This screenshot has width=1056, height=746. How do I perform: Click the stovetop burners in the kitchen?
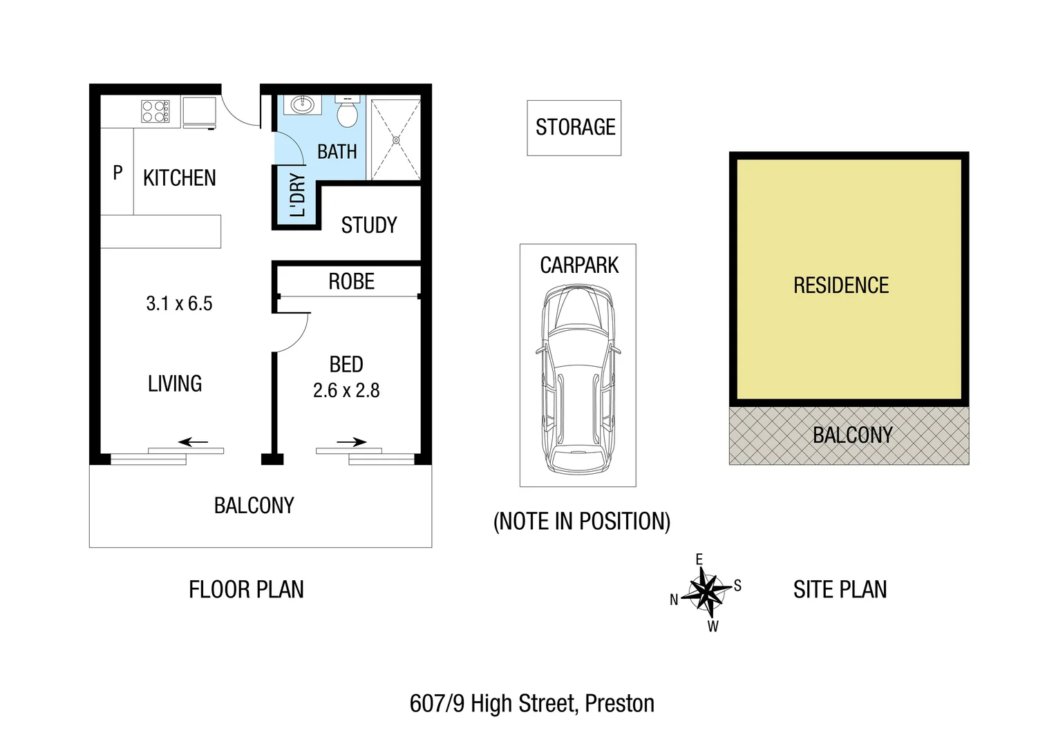[x=155, y=111]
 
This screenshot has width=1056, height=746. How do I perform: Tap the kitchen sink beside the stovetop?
[x=199, y=112]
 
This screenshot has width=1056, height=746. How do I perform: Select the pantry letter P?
[x=117, y=173]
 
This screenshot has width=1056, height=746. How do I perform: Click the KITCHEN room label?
[x=180, y=178]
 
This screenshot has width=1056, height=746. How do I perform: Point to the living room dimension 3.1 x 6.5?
[x=179, y=304]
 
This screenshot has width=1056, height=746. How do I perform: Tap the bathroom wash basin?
[x=302, y=105]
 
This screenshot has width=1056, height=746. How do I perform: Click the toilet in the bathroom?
[x=347, y=113]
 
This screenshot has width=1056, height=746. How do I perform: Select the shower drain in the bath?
[x=396, y=140]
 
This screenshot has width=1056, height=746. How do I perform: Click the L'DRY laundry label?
[x=297, y=195]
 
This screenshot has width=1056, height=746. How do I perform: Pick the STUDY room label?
[x=369, y=225]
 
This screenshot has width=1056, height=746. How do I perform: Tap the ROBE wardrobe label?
[x=351, y=282]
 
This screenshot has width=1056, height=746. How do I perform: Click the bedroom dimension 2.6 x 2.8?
[x=346, y=391]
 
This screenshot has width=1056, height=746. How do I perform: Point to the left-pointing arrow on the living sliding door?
[x=193, y=442]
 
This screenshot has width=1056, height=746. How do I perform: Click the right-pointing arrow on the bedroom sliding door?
[x=352, y=442]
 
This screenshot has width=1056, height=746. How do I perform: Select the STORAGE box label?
[x=575, y=127]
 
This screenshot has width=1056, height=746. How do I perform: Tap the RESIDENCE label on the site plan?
[x=840, y=285]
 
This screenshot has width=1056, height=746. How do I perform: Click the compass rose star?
[x=706, y=592]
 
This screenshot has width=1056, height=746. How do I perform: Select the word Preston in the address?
[x=619, y=704]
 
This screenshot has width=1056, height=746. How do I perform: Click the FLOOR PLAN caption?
[x=246, y=590]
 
